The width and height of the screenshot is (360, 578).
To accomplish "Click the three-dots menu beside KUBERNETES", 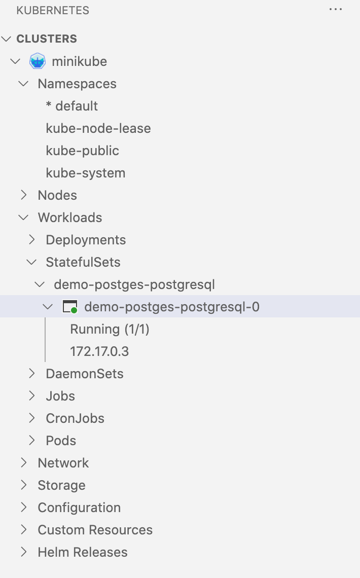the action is point(336,10).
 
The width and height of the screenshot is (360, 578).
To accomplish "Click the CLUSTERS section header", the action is point(47,39).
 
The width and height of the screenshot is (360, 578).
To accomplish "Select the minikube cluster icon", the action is point(38,61).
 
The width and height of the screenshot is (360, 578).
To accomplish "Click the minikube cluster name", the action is point(79,61).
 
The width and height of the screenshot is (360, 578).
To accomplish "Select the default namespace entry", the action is point(72,106).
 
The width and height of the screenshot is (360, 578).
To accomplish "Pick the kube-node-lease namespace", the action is point(98,128).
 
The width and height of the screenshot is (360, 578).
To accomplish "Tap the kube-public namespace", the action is point(83,151).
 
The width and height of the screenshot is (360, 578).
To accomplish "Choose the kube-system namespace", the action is point(86,173).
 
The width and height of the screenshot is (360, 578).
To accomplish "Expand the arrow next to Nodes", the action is point(23,195).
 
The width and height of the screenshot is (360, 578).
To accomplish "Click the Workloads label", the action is point(70,218).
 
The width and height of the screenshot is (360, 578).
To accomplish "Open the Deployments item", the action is point(86,240).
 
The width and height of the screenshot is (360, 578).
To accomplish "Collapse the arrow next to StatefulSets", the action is point(31,262).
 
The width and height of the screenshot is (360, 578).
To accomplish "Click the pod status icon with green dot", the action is point(69,307).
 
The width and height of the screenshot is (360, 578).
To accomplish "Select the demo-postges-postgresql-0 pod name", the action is point(172,307).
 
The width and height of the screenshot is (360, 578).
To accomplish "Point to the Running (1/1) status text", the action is point(110,329).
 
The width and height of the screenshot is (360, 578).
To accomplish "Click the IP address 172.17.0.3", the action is point(99,351).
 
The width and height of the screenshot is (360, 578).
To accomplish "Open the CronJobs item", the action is point(75,418).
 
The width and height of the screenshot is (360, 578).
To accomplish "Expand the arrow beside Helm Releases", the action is point(23,552).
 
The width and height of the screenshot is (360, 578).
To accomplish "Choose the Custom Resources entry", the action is point(95,530).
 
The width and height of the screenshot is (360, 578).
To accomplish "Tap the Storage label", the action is point(61,485).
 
